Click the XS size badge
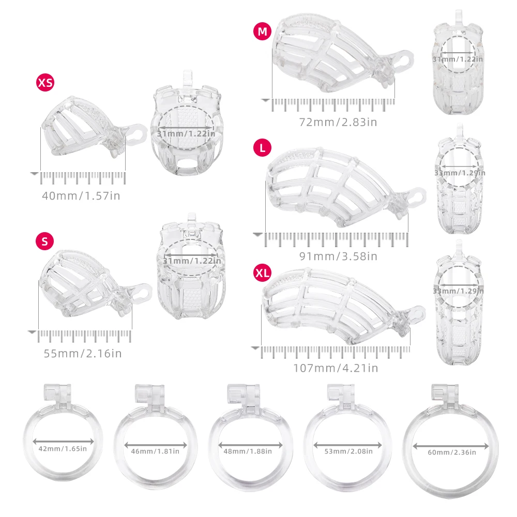(45, 82)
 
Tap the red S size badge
(44, 241)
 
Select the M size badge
(262, 32)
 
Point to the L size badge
(262, 148)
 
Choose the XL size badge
(262, 273)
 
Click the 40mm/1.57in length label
(81, 196)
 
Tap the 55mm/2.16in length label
(83, 354)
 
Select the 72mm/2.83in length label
(338, 123)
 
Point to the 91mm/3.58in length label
(338, 256)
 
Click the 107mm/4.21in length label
(336, 368)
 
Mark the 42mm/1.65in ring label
(63, 449)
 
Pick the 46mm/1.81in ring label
(155, 451)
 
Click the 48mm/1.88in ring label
(248, 451)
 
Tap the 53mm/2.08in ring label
(348, 451)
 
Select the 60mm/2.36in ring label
(452, 452)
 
